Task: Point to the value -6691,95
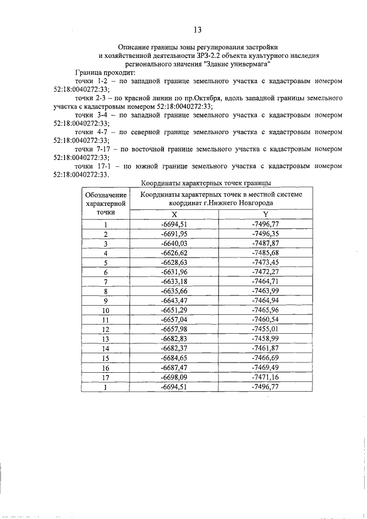[175, 233]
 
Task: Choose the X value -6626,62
[175, 252]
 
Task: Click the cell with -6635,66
[175, 291]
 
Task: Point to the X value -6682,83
[175, 338]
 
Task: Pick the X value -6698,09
[175, 377]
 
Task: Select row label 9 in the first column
[106, 301]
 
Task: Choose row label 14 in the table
[106, 348]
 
